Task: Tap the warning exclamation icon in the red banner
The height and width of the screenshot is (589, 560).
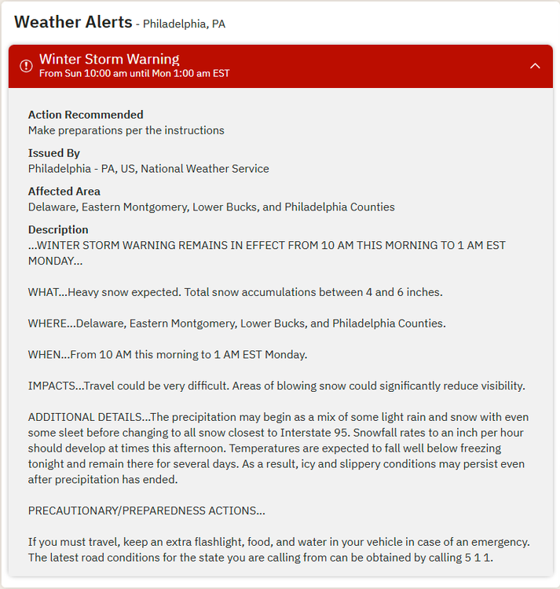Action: (x=26, y=66)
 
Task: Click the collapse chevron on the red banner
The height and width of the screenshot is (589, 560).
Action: (x=535, y=66)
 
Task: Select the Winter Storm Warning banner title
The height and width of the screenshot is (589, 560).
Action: (x=109, y=59)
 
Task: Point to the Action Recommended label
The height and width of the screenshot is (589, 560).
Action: (x=86, y=115)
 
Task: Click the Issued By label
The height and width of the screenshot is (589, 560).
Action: (x=54, y=153)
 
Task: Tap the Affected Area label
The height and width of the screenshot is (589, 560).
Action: (x=64, y=191)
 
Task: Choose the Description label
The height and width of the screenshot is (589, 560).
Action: (x=58, y=229)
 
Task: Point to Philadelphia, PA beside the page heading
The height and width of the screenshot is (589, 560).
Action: (x=184, y=24)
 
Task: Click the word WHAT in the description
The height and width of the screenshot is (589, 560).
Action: (x=44, y=292)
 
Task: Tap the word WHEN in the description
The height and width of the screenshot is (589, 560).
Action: (x=46, y=354)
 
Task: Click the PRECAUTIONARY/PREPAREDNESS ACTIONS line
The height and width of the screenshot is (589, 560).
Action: (x=146, y=510)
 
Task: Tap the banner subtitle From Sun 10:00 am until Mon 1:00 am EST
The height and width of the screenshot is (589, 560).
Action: (x=134, y=74)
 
